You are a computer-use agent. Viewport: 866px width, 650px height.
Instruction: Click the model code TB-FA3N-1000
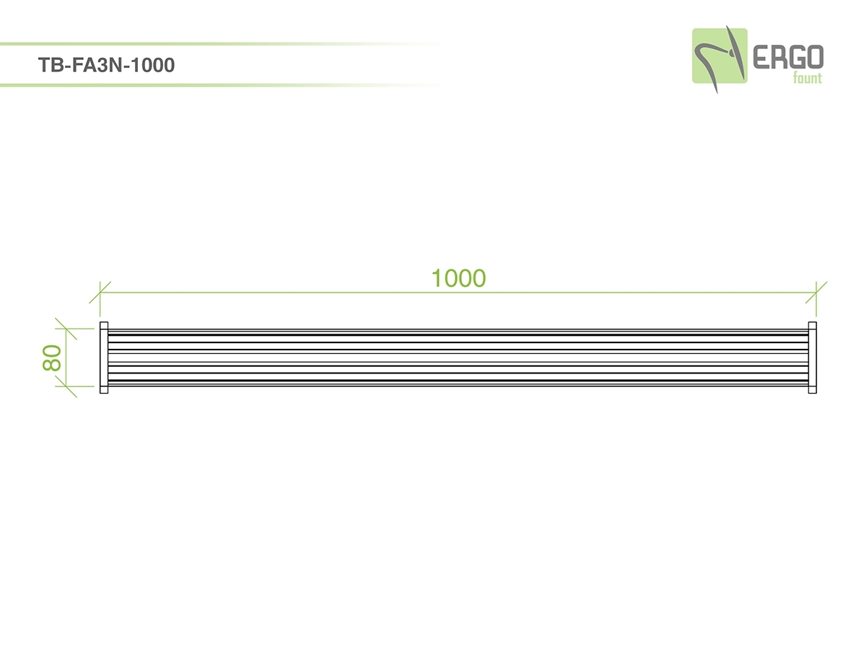pyautogui.click(x=106, y=65)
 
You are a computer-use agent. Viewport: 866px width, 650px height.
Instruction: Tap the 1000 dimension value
pyautogui.click(x=458, y=278)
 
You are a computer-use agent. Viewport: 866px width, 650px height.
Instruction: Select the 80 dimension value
pyautogui.click(x=52, y=357)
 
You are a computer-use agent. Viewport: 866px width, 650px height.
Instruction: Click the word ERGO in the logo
pyautogui.click(x=788, y=57)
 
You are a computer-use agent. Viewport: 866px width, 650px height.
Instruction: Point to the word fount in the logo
pyautogui.click(x=808, y=78)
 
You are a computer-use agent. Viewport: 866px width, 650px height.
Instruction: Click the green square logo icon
pyautogui.click(x=720, y=56)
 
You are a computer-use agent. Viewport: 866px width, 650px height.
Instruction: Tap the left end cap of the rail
pyautogui.click(x=104, y=357)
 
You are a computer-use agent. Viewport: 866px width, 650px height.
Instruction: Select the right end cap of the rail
pyautogui.click(x=813, y=357)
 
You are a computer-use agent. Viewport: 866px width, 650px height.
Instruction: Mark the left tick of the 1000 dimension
pyautogui.click(x=100, y=292)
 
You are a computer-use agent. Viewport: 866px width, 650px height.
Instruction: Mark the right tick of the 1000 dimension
pyautogui.click(x=816, y=292)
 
